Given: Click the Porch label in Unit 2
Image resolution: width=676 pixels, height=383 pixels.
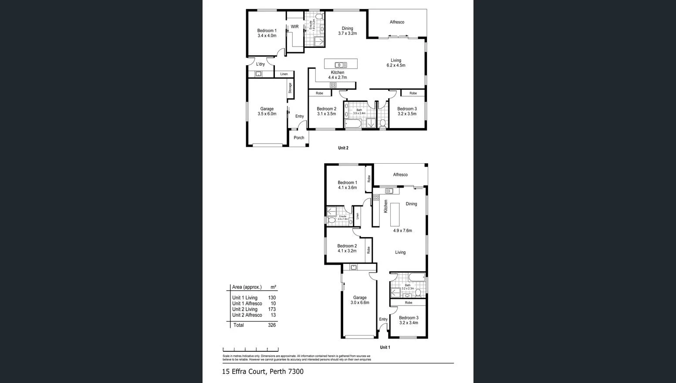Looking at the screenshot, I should click(x=299, y=138).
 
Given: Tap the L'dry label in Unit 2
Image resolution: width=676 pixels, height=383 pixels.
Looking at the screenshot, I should click(x=260, y=64).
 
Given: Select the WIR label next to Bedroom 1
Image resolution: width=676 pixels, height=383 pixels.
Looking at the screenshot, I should click(x=295, y=27).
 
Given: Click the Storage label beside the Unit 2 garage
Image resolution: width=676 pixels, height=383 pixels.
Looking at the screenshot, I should click(x=290, y=88).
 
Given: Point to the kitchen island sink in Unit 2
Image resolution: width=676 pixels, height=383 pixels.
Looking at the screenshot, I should click(x=341, y=65).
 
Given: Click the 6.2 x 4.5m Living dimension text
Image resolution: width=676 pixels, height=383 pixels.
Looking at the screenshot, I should click(x=395, y=66).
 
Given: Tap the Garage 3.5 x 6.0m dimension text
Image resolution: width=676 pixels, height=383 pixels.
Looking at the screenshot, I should click(x=267, y=114).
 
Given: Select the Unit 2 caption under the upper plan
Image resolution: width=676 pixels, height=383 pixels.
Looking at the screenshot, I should click(x=343, y=148).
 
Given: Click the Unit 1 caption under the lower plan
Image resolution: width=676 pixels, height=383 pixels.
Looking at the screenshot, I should click(x=385, y=347).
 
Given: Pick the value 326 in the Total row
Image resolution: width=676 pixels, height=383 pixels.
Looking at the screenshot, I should click(x=272, y=325).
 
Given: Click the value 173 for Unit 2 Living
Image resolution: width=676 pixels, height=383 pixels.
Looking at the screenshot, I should click(x=272, y=309).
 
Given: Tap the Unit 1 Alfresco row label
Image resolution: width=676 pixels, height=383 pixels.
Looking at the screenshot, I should click(x=247, y=304).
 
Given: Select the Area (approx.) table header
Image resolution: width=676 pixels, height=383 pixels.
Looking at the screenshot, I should click(x=247, y=287).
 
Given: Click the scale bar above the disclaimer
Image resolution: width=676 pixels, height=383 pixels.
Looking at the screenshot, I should click(x=250, y=349).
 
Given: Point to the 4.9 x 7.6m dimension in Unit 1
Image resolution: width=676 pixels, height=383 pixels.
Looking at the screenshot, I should click(x=402, y=231).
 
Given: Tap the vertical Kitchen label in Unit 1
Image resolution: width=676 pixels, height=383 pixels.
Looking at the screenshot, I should click(x=385, y=206).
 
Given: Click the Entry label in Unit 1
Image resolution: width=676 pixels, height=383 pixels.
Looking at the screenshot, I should click(x=383, y=319).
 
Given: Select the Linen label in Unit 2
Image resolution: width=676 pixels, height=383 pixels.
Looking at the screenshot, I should click(x=284, y=74).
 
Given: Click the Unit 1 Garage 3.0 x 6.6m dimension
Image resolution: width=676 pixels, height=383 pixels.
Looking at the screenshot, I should click(x=360, y=302).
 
